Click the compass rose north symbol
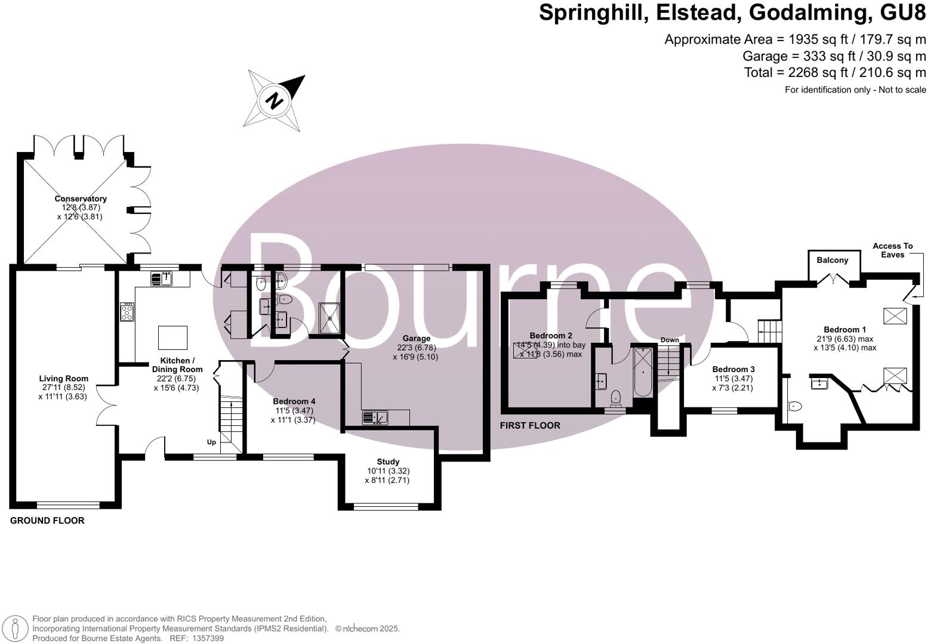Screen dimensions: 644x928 (274, 100)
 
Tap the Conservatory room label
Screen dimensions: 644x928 (81, 199)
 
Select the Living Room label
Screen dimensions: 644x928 (64, 379)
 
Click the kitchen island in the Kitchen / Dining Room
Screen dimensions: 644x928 (172, 338)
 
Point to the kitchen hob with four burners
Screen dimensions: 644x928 (127, 312)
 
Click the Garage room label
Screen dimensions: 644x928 (416, 339)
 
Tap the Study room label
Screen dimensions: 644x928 (388, 462)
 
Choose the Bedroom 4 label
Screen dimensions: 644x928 (294, 401)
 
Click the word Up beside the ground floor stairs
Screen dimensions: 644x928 (211, 442)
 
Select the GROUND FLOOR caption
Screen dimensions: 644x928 (47, 521)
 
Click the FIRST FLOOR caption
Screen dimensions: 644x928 (530, 425)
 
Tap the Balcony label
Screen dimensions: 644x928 (833, 260)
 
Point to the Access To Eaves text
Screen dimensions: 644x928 (892, 250)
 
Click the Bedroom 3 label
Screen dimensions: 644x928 (733, 369)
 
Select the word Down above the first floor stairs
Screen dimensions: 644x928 (670, 340)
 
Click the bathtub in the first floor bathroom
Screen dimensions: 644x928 (643, 372)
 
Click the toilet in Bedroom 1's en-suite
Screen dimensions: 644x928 (794, 407)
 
